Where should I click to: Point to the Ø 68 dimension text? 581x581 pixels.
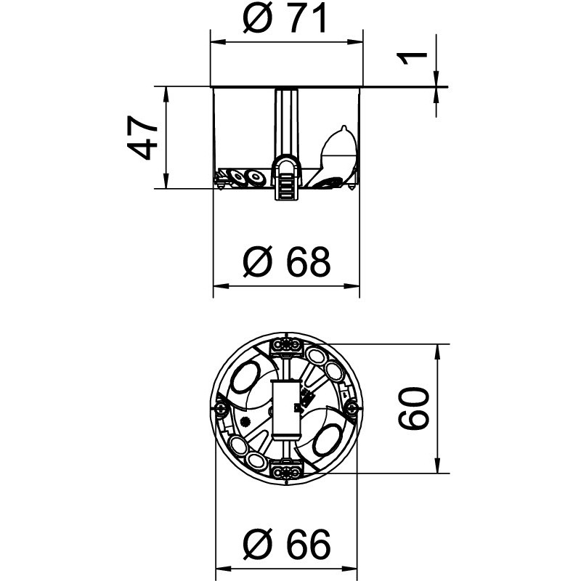tap(286, 262)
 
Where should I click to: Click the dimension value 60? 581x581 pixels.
tap(415, 408)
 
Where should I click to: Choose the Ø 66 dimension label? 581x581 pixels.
tap(286, 543)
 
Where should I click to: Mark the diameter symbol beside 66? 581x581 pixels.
tap(256, 543)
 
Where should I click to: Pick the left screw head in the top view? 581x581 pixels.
tap(221, 410)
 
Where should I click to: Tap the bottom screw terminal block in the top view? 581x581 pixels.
tap(288, 471)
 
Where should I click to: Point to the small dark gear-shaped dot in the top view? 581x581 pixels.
tap(245, 420)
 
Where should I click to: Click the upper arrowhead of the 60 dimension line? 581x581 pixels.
tap(439, 350)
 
